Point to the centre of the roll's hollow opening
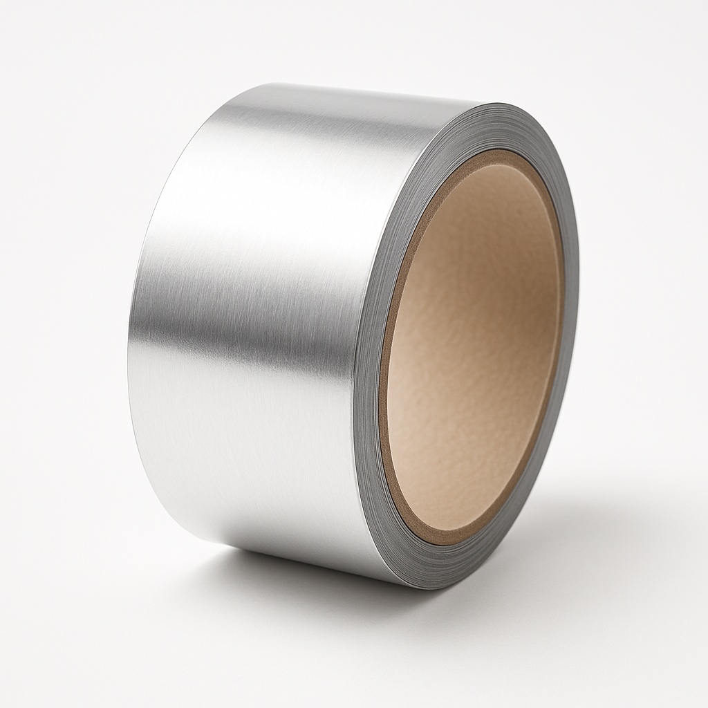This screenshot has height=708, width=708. tap(474, 346)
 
